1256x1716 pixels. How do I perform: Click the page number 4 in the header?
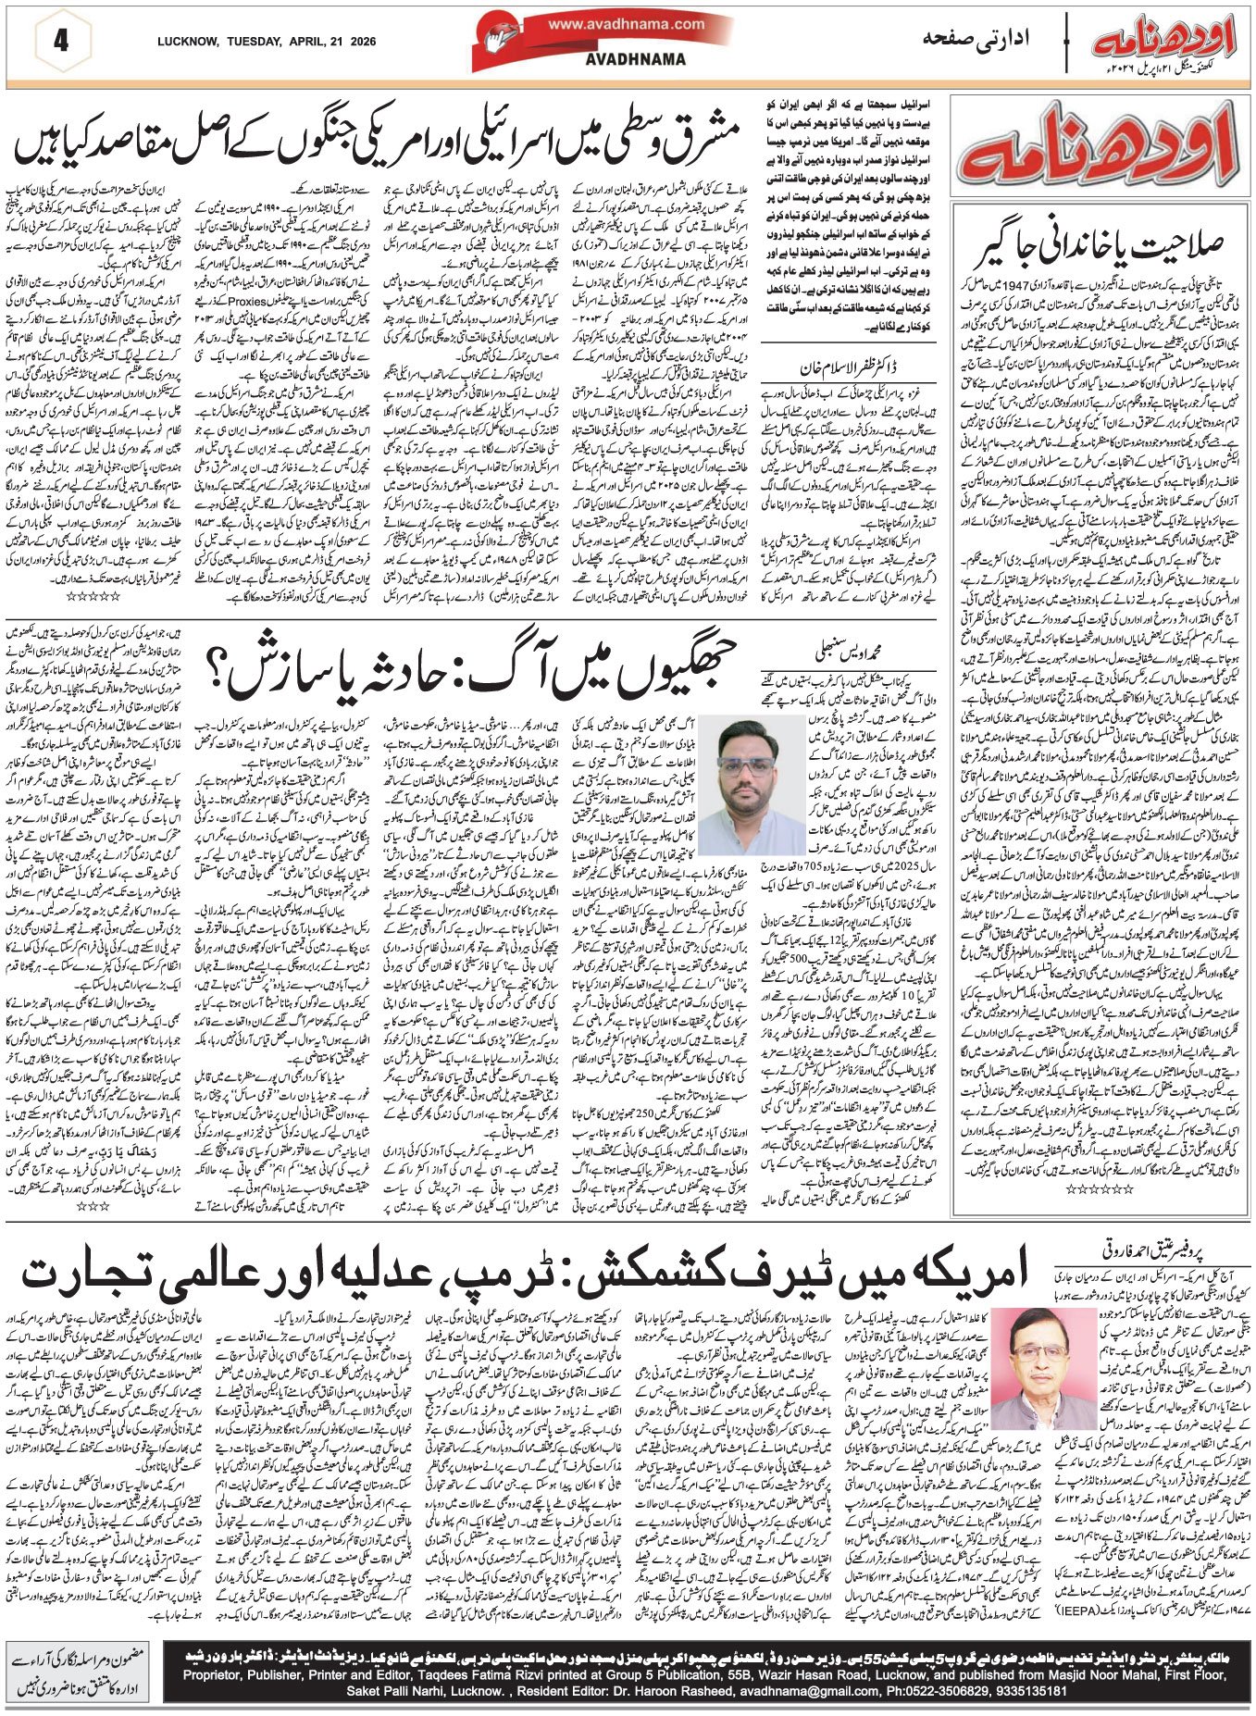point(62,42)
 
